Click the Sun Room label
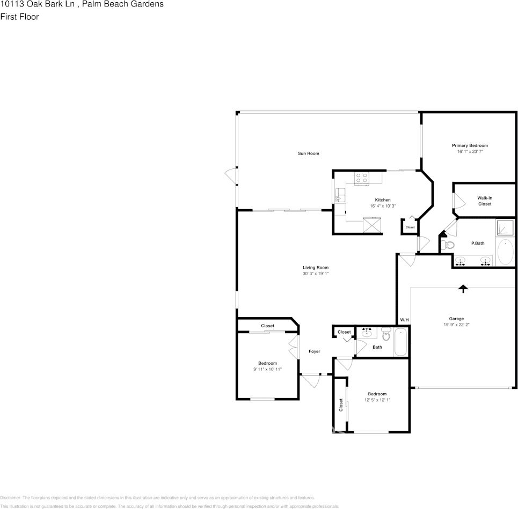click(x=308, y=153)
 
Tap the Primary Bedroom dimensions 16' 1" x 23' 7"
click(x=470, y=152)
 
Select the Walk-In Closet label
click(x=485, y=201)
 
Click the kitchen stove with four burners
click(x=361, y=178)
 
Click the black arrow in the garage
click(x=463, y=289)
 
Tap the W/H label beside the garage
click(x=404, y=320)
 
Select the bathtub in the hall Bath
click(x=400, y=343)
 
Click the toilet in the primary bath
click(x=447, y=245)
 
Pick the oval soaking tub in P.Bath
click(x=505, y=252)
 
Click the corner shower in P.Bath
click(x=505, y=228)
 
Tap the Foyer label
click(x=314, y=351)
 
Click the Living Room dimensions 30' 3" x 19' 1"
click(x=315, y=274)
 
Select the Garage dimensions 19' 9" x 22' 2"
click(x=457, y=324)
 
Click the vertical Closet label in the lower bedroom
click(x=341, y=404)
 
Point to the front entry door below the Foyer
click(x=310, y=380)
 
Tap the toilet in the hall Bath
click(x=386, y=336)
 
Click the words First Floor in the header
click(x=19, y=17)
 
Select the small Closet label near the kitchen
click(x=410, y=227)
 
